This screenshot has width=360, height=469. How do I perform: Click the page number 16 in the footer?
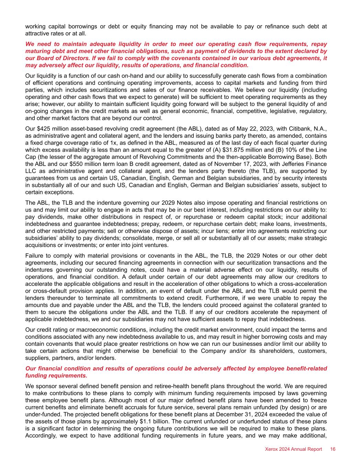333,449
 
